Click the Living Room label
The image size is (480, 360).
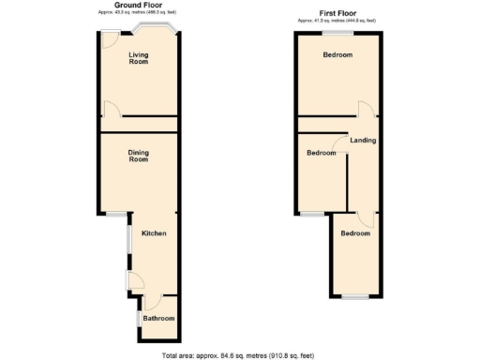coord(139,58)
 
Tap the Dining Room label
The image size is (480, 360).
coord(139,157)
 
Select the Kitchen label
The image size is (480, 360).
coord(154,232)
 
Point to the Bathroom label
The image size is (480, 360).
coord(159,319)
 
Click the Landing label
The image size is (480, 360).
coord(363,141)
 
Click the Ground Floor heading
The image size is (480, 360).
coord(138,5)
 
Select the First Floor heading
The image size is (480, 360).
coord(338,12)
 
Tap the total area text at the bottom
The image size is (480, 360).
coord(239,355)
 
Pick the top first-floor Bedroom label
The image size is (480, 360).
coord(337,55)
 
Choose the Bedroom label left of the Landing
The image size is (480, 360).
coord(321,152)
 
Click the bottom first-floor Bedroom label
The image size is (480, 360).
coord(355,233)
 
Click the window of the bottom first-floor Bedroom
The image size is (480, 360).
coord(354,296)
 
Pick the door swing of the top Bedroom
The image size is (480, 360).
coord(372,108)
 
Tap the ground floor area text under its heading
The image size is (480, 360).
coord(138,11)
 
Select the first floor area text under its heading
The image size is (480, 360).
coord(338,19)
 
